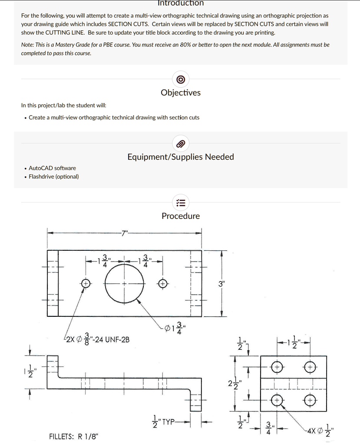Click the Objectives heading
tap(180, 93)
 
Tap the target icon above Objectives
tap(181, 80)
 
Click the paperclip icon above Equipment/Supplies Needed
tap(181, 144)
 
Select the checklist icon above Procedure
tap(181, 203)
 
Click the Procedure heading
tap(181, 216)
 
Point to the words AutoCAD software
tap(52, 168)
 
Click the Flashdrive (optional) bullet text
tap(53, 176)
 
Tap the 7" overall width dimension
tap(125, 233)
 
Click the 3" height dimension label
tap(222, 284)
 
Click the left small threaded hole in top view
tap(86, 283)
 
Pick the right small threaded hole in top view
tap(162, 283)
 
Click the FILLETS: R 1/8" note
tap(73, 436)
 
